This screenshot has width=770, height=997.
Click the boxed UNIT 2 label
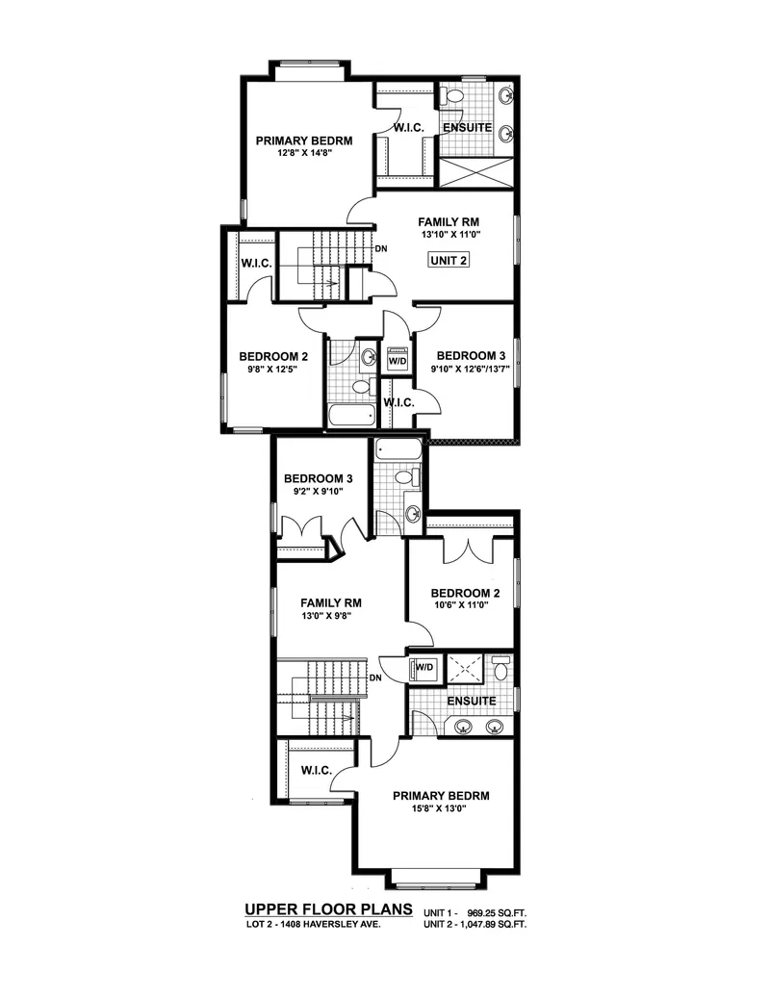click(448, 260)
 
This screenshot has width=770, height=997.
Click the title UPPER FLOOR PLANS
click(328, 908)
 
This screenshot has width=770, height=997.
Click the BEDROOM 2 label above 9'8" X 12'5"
click(273, 355)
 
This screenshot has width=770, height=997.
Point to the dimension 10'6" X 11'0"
click(460, 605)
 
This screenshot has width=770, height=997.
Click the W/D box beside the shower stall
click(423, 666)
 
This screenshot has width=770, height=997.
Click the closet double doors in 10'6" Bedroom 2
click(467, 550)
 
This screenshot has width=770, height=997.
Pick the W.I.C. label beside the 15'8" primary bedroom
click(316, 770)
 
